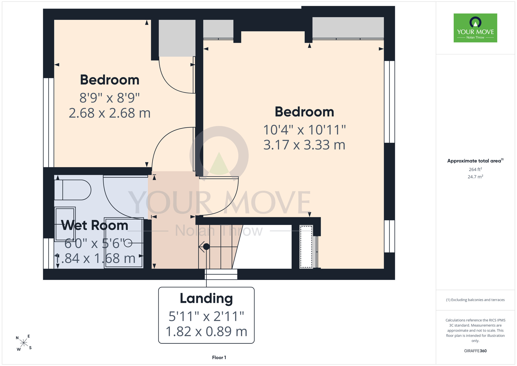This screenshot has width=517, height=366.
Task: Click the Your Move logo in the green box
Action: pyautogui.click(x=475, y=28)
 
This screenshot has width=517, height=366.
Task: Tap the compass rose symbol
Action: pyautogui.click(x=24, y=343)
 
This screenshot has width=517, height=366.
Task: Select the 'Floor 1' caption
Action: pyautogui.click(x=219, y=357)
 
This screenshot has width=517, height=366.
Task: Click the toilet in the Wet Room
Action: pyautogui.click(x=73, y=190)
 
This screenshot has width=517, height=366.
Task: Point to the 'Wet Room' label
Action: pyautogui.click(x=95, y=225)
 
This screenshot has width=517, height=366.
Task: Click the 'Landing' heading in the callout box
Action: pyautogui.click(x=206, y=298)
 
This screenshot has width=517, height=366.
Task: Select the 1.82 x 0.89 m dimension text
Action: pyautogui.click(x=206, y=332)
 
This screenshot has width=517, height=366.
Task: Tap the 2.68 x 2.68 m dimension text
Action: pyautogui.click(x=110, y=113)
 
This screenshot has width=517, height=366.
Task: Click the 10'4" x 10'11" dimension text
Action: pyautogui.click(x=304, y=130)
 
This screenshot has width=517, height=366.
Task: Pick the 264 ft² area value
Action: pyautogui.click(x=475, y=169)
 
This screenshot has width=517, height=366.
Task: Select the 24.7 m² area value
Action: pyautogui.click(x=475, y=177)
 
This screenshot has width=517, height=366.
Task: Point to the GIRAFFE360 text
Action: pyautogui.click(x=475, y=351)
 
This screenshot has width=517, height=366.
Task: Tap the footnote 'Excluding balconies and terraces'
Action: pyautogui.click(x=475, y=300)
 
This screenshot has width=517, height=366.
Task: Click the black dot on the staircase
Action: pyautogui.click(x=206, y=247)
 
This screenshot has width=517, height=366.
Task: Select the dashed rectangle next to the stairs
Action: pyautogui.click(x=306, y=247)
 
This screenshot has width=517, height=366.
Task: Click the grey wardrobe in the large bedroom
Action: pyautogui.click(x=348, y=28)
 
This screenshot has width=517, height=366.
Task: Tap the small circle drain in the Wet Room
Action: pyautogui.click(x=128, y=243)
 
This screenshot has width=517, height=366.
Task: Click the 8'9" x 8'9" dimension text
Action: pyautogui.click(x=110, y=98)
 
